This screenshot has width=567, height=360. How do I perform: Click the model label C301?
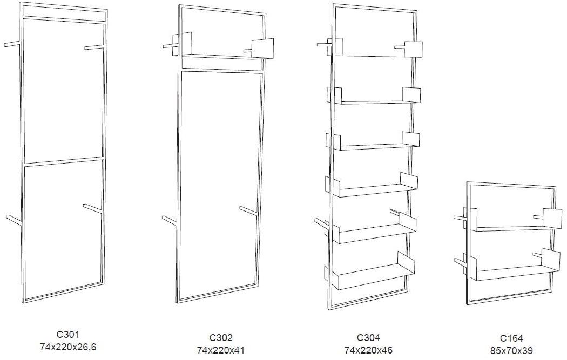[67, 335]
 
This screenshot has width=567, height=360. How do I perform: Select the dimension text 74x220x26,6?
[68, 347]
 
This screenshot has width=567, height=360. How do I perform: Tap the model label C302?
[221, 337]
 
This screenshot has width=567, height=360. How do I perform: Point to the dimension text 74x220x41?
[221, 350]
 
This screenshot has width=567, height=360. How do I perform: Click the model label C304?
[368, 337]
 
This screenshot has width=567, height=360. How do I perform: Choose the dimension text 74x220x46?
[368, 350]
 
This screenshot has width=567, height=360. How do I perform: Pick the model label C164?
[512, 338]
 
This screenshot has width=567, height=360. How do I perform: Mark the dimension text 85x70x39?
[512, 351]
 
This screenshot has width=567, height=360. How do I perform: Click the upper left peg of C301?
[13, 44]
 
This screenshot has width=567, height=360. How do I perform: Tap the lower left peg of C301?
[14, 219]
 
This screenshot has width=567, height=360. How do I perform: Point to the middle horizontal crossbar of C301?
[64, 161]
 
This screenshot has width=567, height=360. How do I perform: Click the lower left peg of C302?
[170, 221]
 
